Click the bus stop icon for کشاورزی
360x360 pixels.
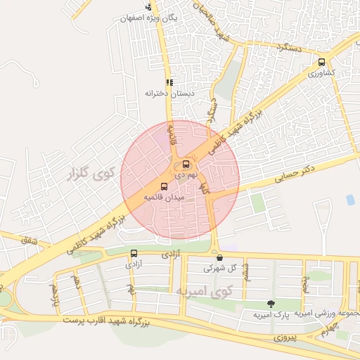coord(321,62)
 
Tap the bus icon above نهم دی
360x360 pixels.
coord(186,165)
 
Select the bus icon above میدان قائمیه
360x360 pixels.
coord(165,186)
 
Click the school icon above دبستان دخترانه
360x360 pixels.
coord(169,82)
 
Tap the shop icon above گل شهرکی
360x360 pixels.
coord(219,257)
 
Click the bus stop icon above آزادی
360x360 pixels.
coord(134,254)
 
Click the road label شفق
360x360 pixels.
coord(29,240)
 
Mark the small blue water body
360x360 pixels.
coord(350,200)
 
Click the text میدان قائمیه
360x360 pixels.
coord(163,198)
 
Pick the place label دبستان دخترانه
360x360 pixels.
coord(167,93)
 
